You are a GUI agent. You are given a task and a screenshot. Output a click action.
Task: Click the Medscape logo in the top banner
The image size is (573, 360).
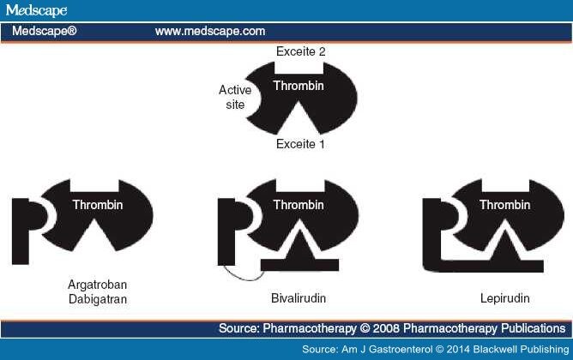point(36,10)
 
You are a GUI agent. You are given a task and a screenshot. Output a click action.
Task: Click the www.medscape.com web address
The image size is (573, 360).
point(210,31)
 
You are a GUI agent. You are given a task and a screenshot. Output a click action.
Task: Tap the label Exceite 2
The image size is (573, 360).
point(301,51)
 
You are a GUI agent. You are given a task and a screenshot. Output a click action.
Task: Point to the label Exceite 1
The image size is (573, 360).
point(300,144)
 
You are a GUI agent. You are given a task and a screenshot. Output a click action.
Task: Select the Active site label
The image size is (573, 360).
point(235,97)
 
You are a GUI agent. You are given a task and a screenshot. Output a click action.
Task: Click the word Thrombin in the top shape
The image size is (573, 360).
point(299,86)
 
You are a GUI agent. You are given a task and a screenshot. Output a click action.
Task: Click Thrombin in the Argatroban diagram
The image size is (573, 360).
point(98,205)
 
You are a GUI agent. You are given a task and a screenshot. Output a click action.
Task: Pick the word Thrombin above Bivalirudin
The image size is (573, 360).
point(299,205)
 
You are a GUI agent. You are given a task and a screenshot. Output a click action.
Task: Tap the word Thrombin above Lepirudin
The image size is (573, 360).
point(504,205)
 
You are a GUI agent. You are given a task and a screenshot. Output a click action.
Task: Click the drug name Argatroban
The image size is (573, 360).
point(98,285)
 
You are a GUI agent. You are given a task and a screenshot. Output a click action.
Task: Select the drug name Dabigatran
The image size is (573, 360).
point(98,299)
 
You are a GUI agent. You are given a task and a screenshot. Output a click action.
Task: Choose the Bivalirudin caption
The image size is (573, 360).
point(299,298)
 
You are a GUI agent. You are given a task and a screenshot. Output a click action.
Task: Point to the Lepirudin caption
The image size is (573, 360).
point(504,298)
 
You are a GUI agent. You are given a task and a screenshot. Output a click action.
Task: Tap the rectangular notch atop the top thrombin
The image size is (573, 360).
point(299,67)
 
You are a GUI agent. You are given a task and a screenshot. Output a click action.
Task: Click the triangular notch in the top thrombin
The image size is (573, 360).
point(299,117)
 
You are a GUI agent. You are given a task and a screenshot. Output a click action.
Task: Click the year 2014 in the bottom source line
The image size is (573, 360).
point(458,349)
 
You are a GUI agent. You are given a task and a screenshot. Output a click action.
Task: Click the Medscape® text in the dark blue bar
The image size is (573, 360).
point(45,31)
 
